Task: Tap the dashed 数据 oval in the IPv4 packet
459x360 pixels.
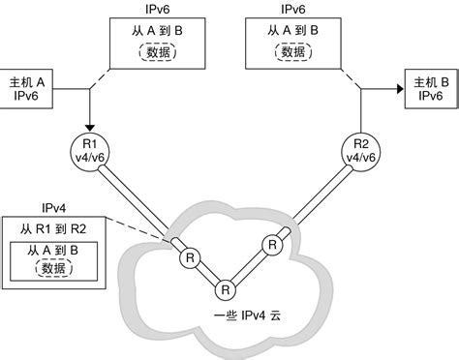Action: click(x=55, y=270)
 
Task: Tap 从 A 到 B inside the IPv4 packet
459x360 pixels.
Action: click(x=55, y=251)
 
